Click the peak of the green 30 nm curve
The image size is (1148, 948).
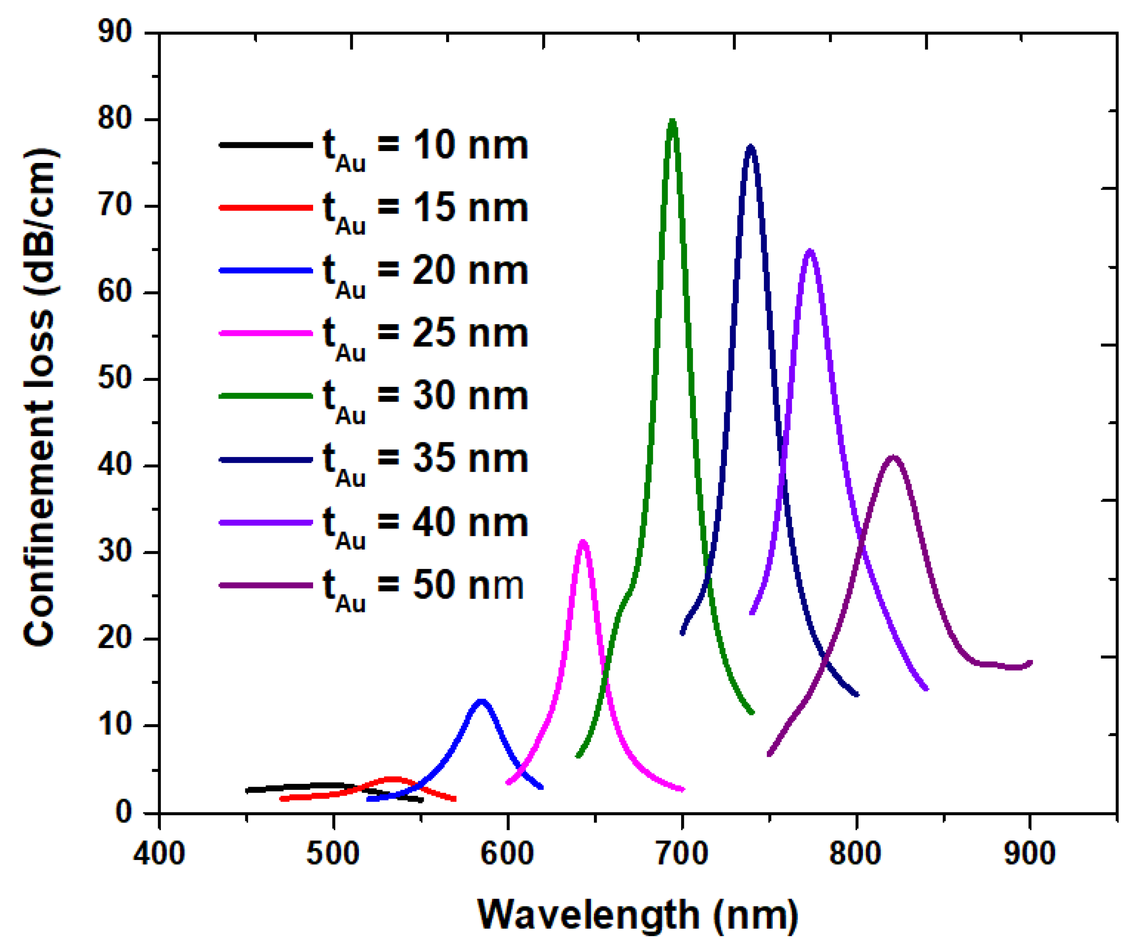pos(672,121)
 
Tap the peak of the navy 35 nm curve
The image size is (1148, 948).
pos(750,147)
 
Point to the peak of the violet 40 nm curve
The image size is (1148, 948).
pos(810,251)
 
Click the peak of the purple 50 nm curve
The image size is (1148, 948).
pos(893,457)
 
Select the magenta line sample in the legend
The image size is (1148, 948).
pos(266,333)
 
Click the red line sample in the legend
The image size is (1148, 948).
pos(266,208)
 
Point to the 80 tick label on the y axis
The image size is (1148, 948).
pos(115,118)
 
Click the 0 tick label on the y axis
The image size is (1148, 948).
pos(124,812)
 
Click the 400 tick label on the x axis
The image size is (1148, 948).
pos(159,854)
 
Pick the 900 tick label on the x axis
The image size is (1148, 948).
pos(1030,854)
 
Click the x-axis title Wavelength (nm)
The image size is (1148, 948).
pos(638,915)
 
